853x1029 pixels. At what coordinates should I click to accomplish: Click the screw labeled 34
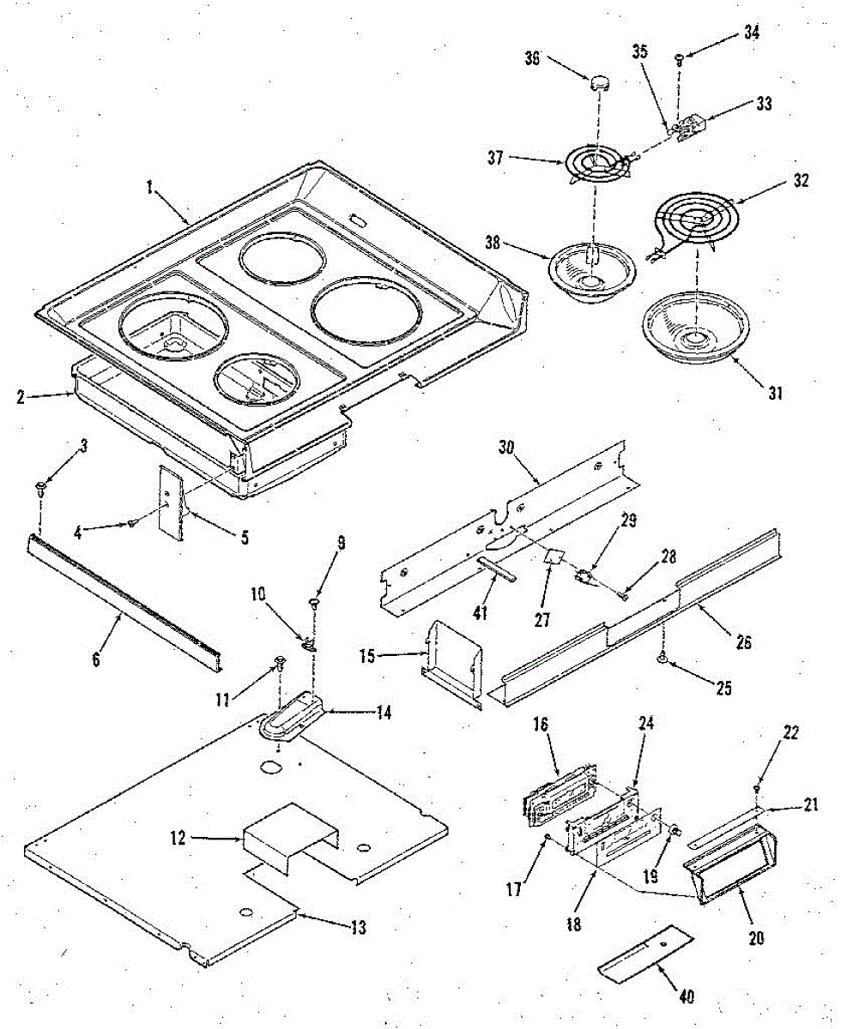pyautogui.click(x=679, y=59)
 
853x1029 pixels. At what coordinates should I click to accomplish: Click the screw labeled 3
pyautogui.click(x=41, y=490)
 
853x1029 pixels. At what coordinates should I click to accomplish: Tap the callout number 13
pyautogui.click(x=358, y=927)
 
